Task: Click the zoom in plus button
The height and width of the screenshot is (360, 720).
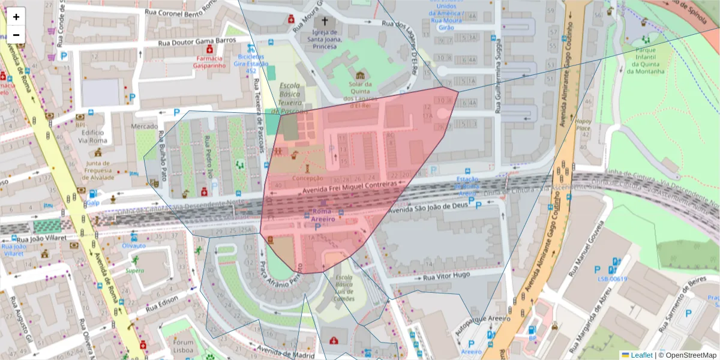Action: pyautogui.click(x=16, y=16)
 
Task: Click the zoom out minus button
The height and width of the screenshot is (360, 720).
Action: pyautogui.click(x=16, y=34)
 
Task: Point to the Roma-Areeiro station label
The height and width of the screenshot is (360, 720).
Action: pyautogui.click(x=322, y=216)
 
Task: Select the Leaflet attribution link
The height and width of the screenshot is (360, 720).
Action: pyautogui.click(x=641, y=355)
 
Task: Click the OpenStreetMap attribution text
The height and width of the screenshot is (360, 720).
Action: pyautogui.click(x=689, y=355)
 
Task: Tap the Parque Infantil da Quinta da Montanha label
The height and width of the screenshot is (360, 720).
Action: pyautogui.click(x=646, y=61)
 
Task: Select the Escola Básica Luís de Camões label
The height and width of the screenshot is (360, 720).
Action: pyautogui.click(x=344, y=288)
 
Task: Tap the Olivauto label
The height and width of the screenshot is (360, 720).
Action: pyautogui.click(x=134, y=245)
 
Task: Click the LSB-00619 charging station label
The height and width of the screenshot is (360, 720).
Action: pyautogui.click(x=612, y=278)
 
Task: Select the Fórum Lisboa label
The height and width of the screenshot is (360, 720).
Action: pyautogui.click(x=184, y=346)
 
